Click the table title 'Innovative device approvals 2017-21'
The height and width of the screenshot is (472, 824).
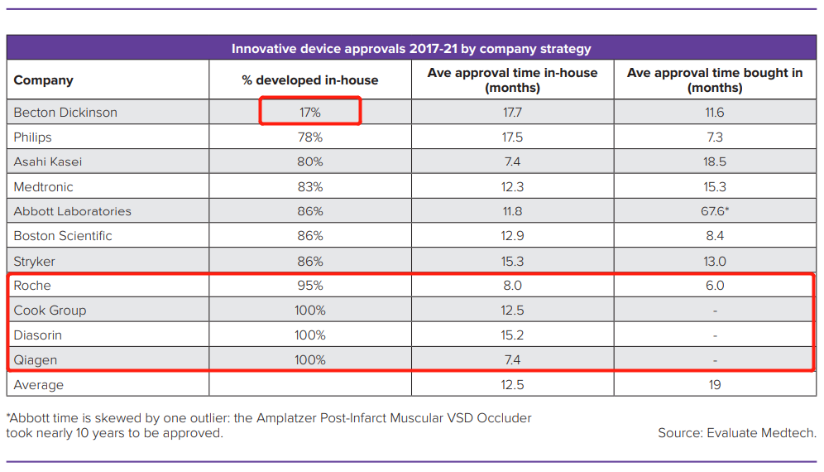point(411,49)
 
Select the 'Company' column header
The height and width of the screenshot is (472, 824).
point(44,80)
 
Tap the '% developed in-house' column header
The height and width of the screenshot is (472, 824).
point(309,80)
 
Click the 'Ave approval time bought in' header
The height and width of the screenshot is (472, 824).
point(714,79)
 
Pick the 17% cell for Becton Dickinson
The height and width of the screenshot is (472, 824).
point(310,112)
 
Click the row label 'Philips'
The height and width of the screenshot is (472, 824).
point(32,137)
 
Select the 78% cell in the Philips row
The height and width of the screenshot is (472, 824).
point(310,137)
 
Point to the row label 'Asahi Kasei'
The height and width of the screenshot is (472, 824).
point(48,161)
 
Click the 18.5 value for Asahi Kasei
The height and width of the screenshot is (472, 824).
point(714,161)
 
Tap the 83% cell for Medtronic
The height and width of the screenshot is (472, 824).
point(310,186)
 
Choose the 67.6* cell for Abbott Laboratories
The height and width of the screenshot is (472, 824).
point(714,211)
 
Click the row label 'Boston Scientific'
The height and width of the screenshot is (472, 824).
point(63,236)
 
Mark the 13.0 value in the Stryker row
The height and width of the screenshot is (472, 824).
point(714,261)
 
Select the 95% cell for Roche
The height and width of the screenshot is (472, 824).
point(310,286)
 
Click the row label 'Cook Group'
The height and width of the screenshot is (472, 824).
point(50,311)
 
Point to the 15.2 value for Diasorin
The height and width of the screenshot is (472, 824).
point(512,335)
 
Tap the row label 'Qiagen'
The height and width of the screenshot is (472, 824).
point(34,360)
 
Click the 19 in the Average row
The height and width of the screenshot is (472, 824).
point(714,385)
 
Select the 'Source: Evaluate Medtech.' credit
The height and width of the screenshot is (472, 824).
point(737,433)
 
